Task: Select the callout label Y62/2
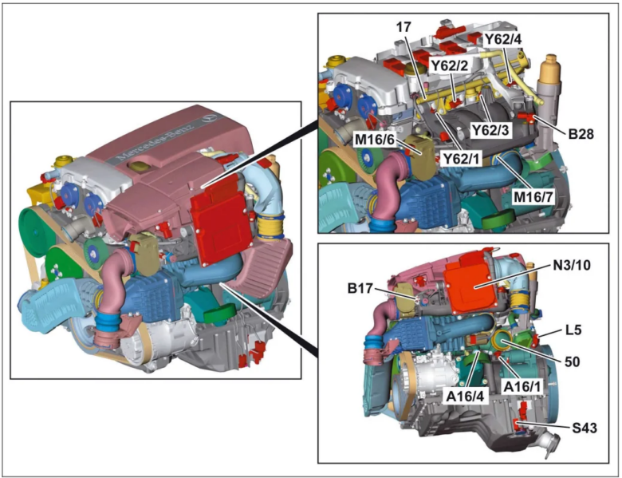[x=451, y=64]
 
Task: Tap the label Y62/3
[x=491, y=128]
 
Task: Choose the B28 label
[x=584, y=135]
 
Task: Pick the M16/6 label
[x=375, y=140]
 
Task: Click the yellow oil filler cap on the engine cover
[x=138, y=168]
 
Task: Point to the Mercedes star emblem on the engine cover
[x=209, y=118]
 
